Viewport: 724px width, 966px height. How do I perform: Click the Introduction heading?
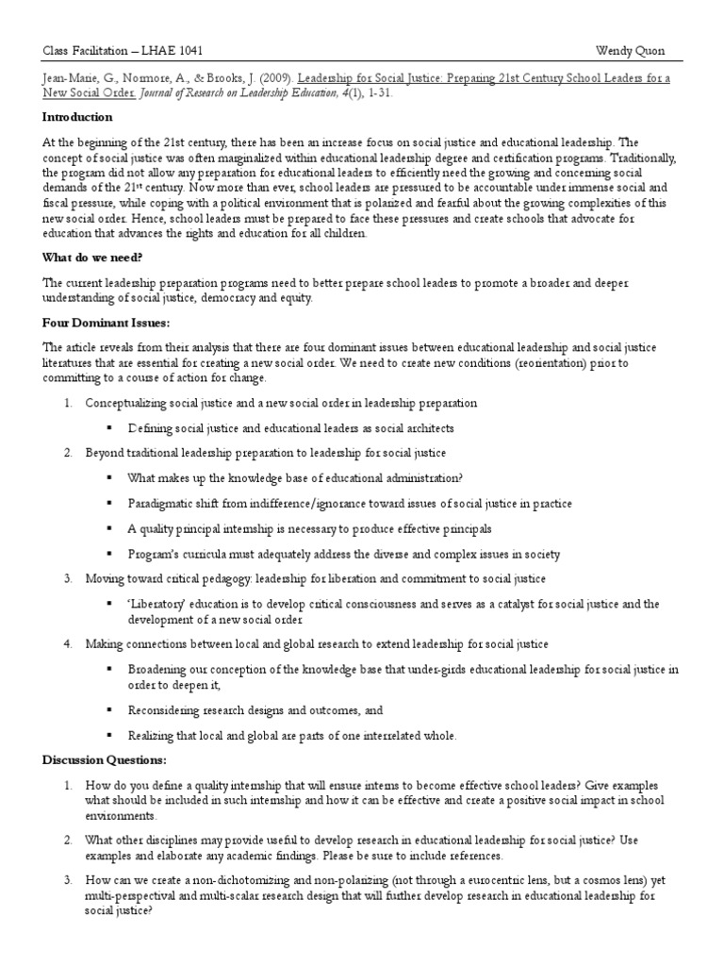[77, 117]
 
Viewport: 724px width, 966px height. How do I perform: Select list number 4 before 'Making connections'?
[68, 643]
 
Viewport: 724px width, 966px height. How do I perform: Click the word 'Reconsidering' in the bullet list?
[165, 708]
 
